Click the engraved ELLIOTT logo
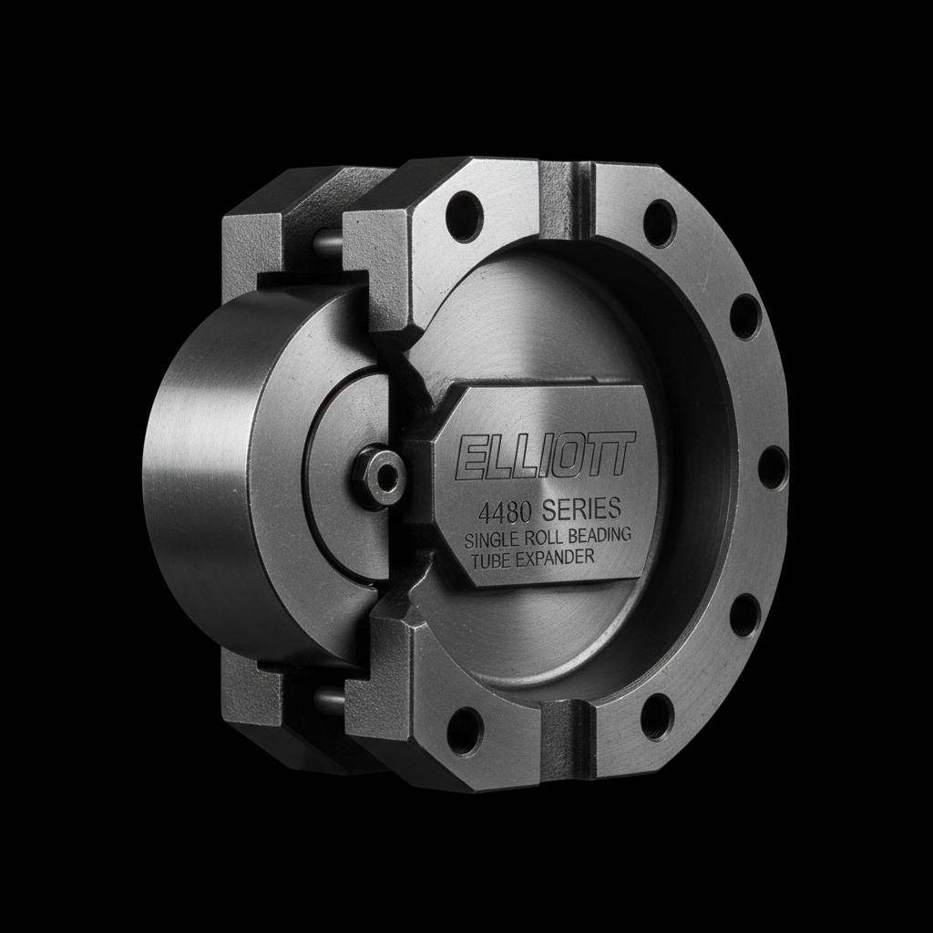[x=543, y=456]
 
